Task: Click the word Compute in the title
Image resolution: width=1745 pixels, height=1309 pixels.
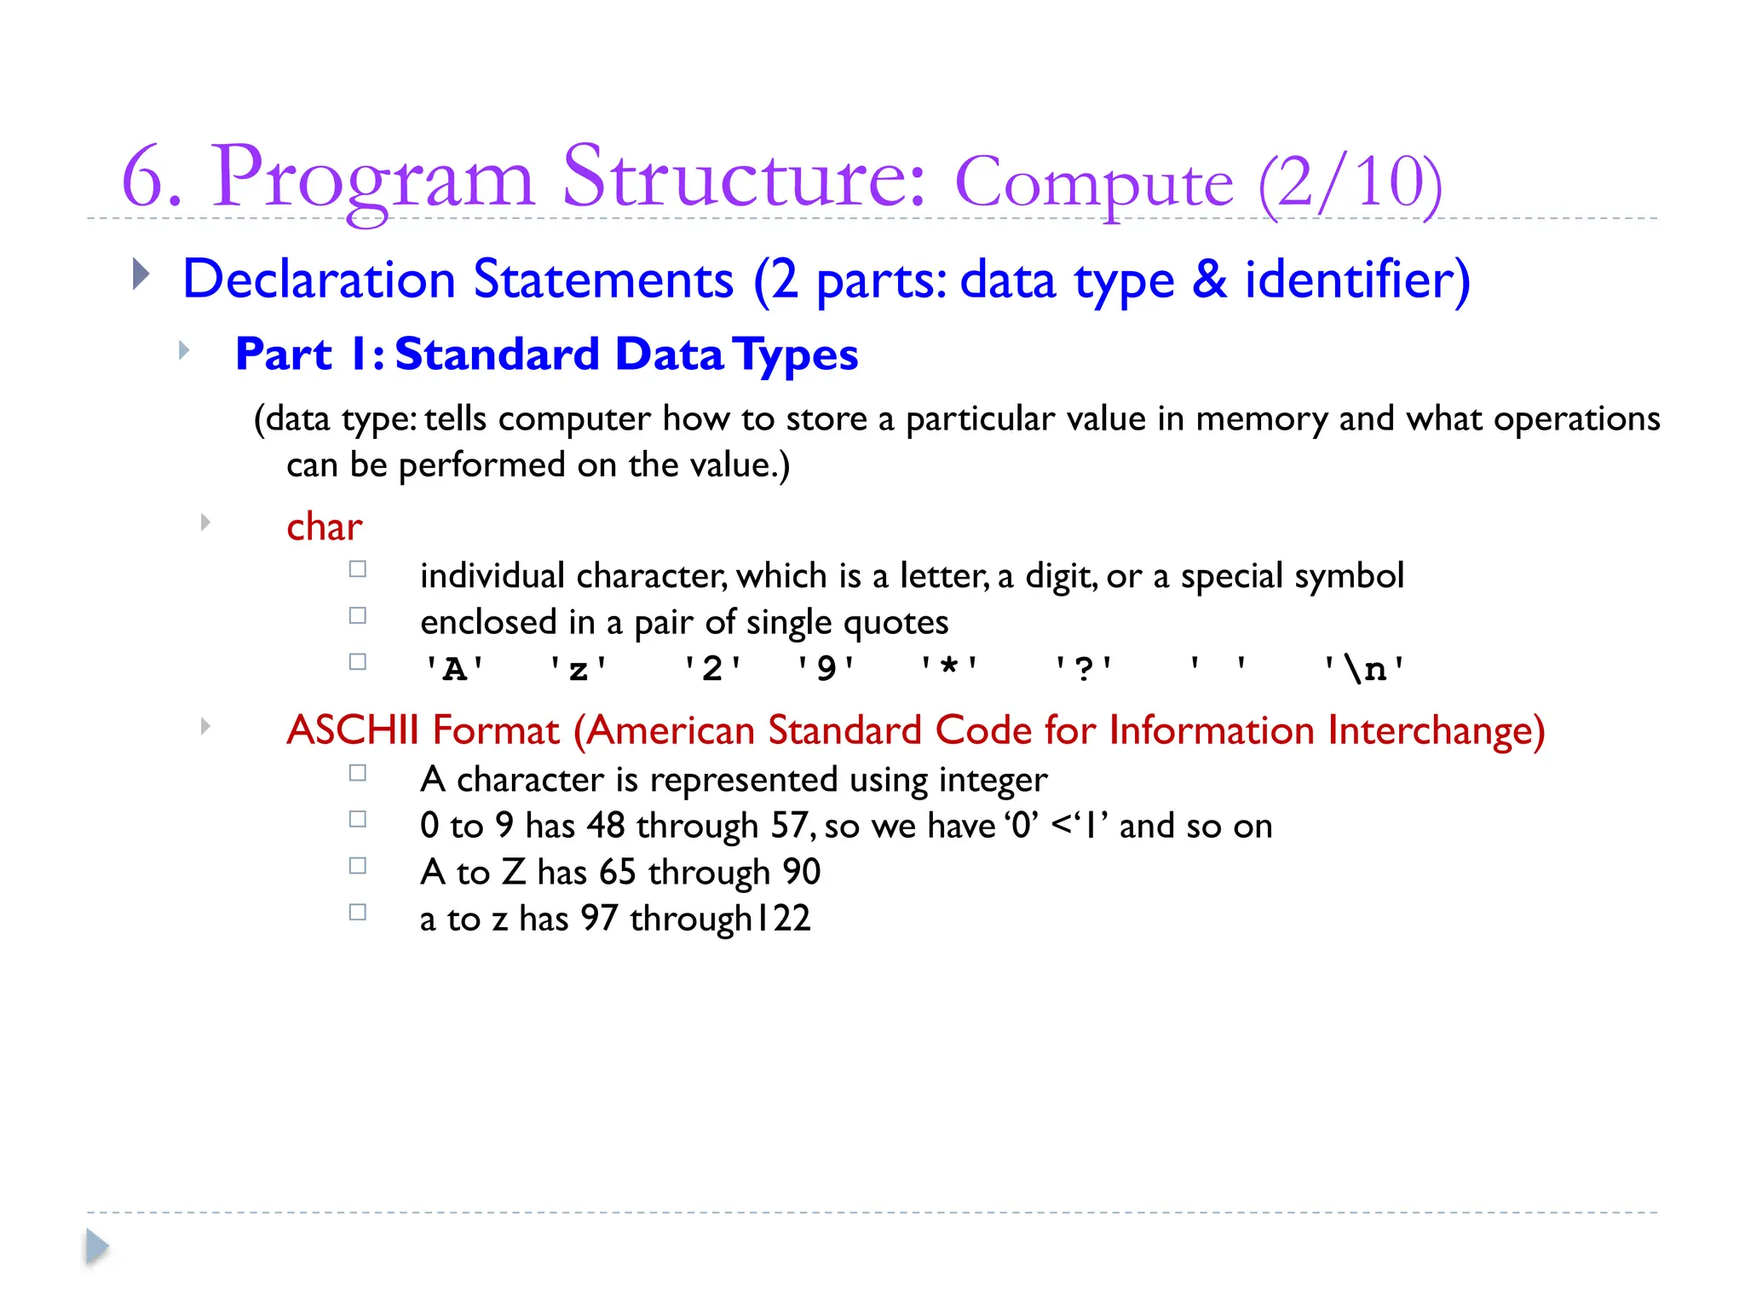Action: (1093, 182)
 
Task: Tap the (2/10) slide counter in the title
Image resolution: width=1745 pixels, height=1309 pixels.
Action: (1350, 182)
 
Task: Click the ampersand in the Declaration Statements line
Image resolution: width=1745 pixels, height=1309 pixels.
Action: (1209, 280)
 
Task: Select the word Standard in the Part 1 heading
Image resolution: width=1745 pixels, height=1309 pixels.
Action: (498, 355)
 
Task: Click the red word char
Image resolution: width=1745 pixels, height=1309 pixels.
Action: (324, 528)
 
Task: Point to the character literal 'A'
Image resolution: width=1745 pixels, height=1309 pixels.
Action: (455, 669)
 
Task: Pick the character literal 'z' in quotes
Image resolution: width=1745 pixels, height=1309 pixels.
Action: (579, 669)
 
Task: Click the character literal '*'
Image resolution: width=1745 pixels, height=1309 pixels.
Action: (948, 669)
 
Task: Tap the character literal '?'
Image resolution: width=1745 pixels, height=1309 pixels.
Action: (1083, 669)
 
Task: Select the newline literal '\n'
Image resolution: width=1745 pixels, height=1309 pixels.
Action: (1364, 669)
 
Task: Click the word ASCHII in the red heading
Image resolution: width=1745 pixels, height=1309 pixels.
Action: (353, 731)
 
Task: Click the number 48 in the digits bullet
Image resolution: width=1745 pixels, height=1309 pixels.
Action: (606, 826)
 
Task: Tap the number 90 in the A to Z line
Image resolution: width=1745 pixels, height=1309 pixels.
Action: (801, 873)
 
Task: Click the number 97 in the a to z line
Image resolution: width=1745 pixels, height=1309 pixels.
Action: (599, 919)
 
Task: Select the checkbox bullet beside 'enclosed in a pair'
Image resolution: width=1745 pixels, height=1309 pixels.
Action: (358, 615)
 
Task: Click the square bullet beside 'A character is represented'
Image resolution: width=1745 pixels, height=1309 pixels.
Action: (358, 773)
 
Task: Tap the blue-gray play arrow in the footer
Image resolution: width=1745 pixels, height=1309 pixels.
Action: (97, 1247)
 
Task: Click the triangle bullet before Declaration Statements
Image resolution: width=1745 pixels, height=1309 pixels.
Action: (141, 274)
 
